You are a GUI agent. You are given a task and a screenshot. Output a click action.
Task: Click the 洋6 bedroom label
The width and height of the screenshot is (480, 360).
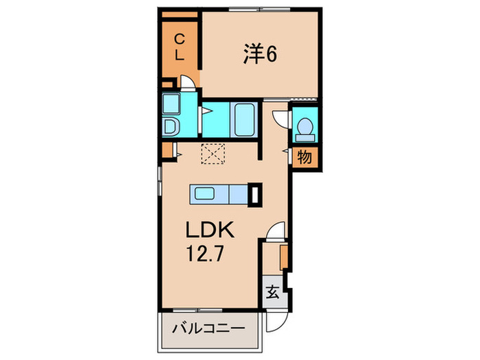click(260, 54)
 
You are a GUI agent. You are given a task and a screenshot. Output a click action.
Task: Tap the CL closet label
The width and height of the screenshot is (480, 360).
click(178, 48)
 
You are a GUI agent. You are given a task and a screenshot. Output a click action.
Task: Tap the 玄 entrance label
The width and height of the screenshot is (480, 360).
click(272, 293)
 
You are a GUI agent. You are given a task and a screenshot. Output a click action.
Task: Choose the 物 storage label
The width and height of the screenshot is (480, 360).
click(304, 157)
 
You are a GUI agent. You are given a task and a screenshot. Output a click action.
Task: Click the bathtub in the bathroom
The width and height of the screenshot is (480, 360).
click(244, 120)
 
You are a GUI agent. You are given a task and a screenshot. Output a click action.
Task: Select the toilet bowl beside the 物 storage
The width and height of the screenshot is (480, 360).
click(304, 128)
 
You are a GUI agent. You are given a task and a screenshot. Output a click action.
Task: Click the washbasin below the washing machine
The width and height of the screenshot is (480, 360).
click(170, 126)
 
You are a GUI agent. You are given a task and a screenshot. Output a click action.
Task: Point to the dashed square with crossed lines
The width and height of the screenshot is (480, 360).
click(213, 154)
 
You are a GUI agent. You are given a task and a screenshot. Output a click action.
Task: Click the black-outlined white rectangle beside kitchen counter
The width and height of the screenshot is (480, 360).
click(255, 194)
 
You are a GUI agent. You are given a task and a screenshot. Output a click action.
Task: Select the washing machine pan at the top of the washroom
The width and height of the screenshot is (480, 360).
click(170, 104)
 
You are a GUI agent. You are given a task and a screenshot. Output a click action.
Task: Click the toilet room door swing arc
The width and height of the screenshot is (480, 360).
click(280, 118)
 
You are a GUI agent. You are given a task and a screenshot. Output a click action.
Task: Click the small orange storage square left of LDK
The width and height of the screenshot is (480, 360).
click(167, 151)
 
